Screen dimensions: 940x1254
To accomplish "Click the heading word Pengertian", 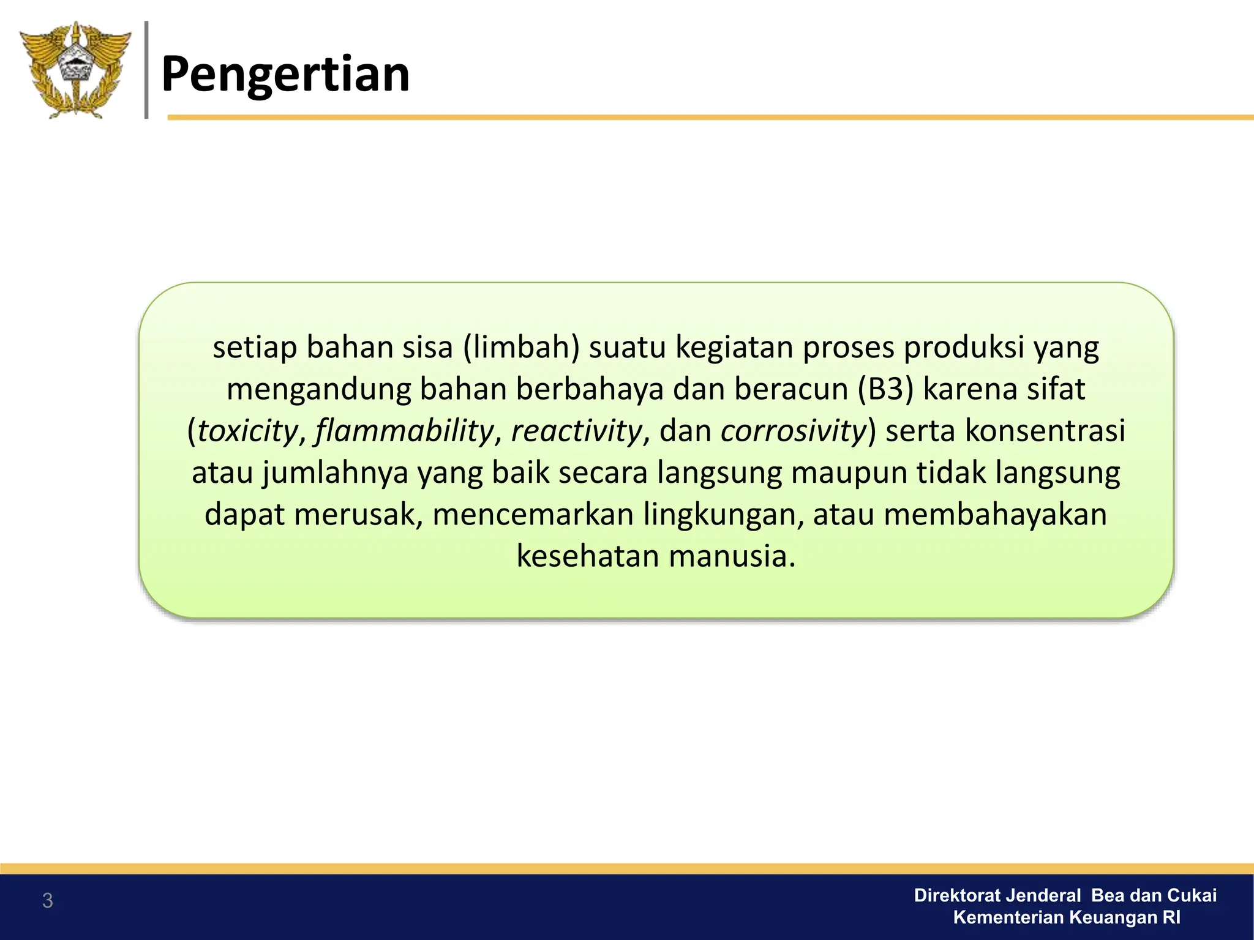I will [285, 74].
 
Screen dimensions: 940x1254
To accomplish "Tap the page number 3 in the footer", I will [47, 901].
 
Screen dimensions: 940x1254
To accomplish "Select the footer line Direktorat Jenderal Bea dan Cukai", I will [1065, 895].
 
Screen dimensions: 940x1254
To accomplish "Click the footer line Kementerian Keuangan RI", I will [1067, 917].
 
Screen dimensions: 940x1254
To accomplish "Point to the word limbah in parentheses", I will [521, 347].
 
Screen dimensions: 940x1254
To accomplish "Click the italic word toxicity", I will [247, 430].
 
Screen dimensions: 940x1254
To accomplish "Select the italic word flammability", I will [405, 430].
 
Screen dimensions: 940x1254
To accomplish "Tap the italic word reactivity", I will [576, 430].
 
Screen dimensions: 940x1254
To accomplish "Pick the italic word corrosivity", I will [794, 430].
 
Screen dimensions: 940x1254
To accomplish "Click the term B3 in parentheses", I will [885, 389].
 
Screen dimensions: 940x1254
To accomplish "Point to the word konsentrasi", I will [1045, 430].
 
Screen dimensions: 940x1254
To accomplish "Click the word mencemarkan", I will [533, 514].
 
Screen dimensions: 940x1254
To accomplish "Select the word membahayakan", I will [995, 514].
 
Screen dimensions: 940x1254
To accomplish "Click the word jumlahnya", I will [335, 472].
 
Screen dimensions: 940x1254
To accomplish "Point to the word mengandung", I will [318, 389].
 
